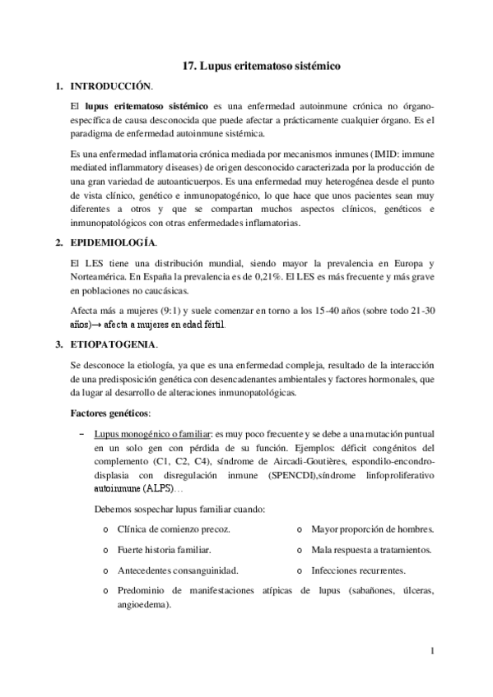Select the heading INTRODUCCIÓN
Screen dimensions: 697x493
click(111, 85)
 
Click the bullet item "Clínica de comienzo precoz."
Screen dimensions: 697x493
click(174, 530)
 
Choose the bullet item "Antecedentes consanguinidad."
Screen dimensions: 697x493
click(178, 570)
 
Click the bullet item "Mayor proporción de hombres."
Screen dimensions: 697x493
click(372, 530)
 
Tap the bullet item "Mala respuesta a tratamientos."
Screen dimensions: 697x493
click(371, 550)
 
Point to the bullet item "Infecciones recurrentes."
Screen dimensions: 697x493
click(358, 570)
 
